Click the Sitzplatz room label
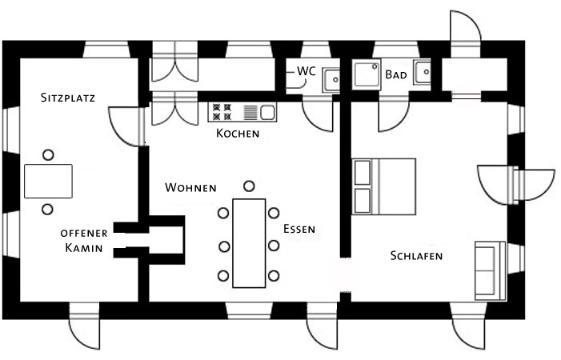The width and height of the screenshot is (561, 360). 68,98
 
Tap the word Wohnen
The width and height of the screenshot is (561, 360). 190,187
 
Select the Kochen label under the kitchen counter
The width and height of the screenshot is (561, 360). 238,134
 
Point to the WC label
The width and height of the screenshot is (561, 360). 307,71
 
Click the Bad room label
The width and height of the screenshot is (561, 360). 396,74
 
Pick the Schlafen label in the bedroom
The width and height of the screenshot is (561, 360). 416,256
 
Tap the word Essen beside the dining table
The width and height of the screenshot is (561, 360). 299,229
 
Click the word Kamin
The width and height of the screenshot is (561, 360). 84,248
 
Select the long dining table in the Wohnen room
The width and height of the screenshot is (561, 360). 249,243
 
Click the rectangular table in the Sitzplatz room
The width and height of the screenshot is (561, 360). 48,182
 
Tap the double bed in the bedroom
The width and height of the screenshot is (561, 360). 384,186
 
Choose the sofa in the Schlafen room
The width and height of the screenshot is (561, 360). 490,270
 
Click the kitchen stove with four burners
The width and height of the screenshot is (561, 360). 222,112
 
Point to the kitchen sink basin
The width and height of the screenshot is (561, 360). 267,112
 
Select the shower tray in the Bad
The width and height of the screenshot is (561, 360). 367,74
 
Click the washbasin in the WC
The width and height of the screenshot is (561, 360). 331,80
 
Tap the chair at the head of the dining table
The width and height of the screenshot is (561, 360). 249,186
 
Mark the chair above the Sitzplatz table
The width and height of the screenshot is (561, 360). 48,154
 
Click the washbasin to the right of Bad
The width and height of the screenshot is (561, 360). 423,72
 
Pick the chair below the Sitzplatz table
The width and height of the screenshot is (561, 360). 47,209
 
